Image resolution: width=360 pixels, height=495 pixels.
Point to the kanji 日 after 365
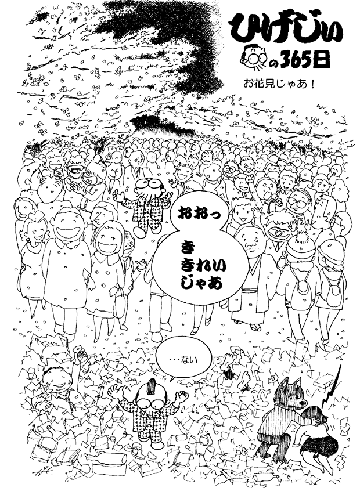click(x=326, y=58)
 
